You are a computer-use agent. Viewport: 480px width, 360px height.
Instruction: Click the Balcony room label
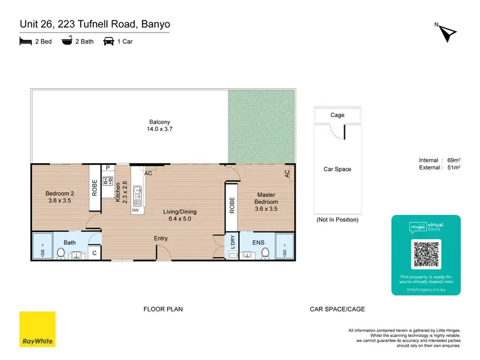(160, 125)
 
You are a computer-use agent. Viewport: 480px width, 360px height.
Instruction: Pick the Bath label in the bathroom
(70, 242)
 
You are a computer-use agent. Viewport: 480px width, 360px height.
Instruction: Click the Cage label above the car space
(337, 115)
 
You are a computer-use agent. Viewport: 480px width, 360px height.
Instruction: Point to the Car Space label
(338, 169)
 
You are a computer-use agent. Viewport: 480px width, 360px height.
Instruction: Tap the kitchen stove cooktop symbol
(108, 181)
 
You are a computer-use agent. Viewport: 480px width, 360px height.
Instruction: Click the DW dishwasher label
(135, 210)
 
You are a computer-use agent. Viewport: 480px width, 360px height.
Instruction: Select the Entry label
(161, 239)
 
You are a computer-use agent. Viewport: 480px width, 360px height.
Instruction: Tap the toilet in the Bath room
(61, 254)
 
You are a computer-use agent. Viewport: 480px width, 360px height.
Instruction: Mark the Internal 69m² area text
(436, 160)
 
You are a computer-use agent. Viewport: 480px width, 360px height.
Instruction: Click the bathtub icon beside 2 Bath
(67, 41)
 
